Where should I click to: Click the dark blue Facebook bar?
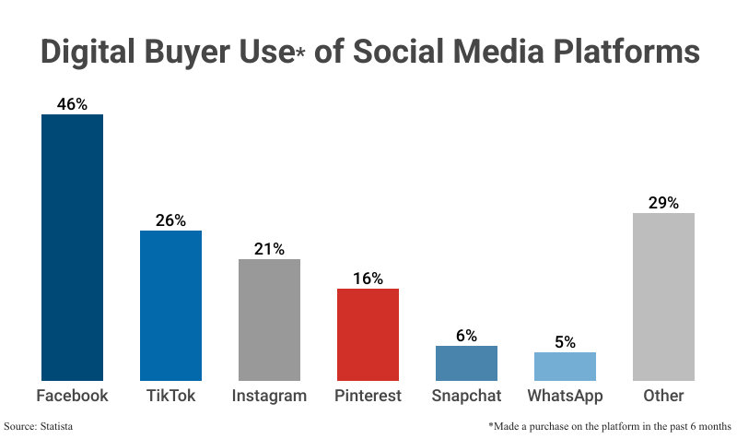pos(72,247)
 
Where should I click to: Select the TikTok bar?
pos(170,305)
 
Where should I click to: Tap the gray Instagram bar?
pos(269,319)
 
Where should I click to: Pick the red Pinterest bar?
pos(368,334)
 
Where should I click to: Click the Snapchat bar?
pos(466,362)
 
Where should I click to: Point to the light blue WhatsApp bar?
pos(565,366)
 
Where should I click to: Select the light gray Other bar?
pos(663,297)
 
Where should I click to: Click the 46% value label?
pos(72,104)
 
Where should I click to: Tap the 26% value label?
pos(170,220)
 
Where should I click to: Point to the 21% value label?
pos(269,249)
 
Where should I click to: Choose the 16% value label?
pos(368,279)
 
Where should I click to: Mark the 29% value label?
pos(663,203)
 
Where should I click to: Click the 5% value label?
pos(565,342)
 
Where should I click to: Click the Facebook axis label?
pos(72,396)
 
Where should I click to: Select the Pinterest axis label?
pos(368,396)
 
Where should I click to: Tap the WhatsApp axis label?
pos(565,396)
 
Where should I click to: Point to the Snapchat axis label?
pos(466,396)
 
